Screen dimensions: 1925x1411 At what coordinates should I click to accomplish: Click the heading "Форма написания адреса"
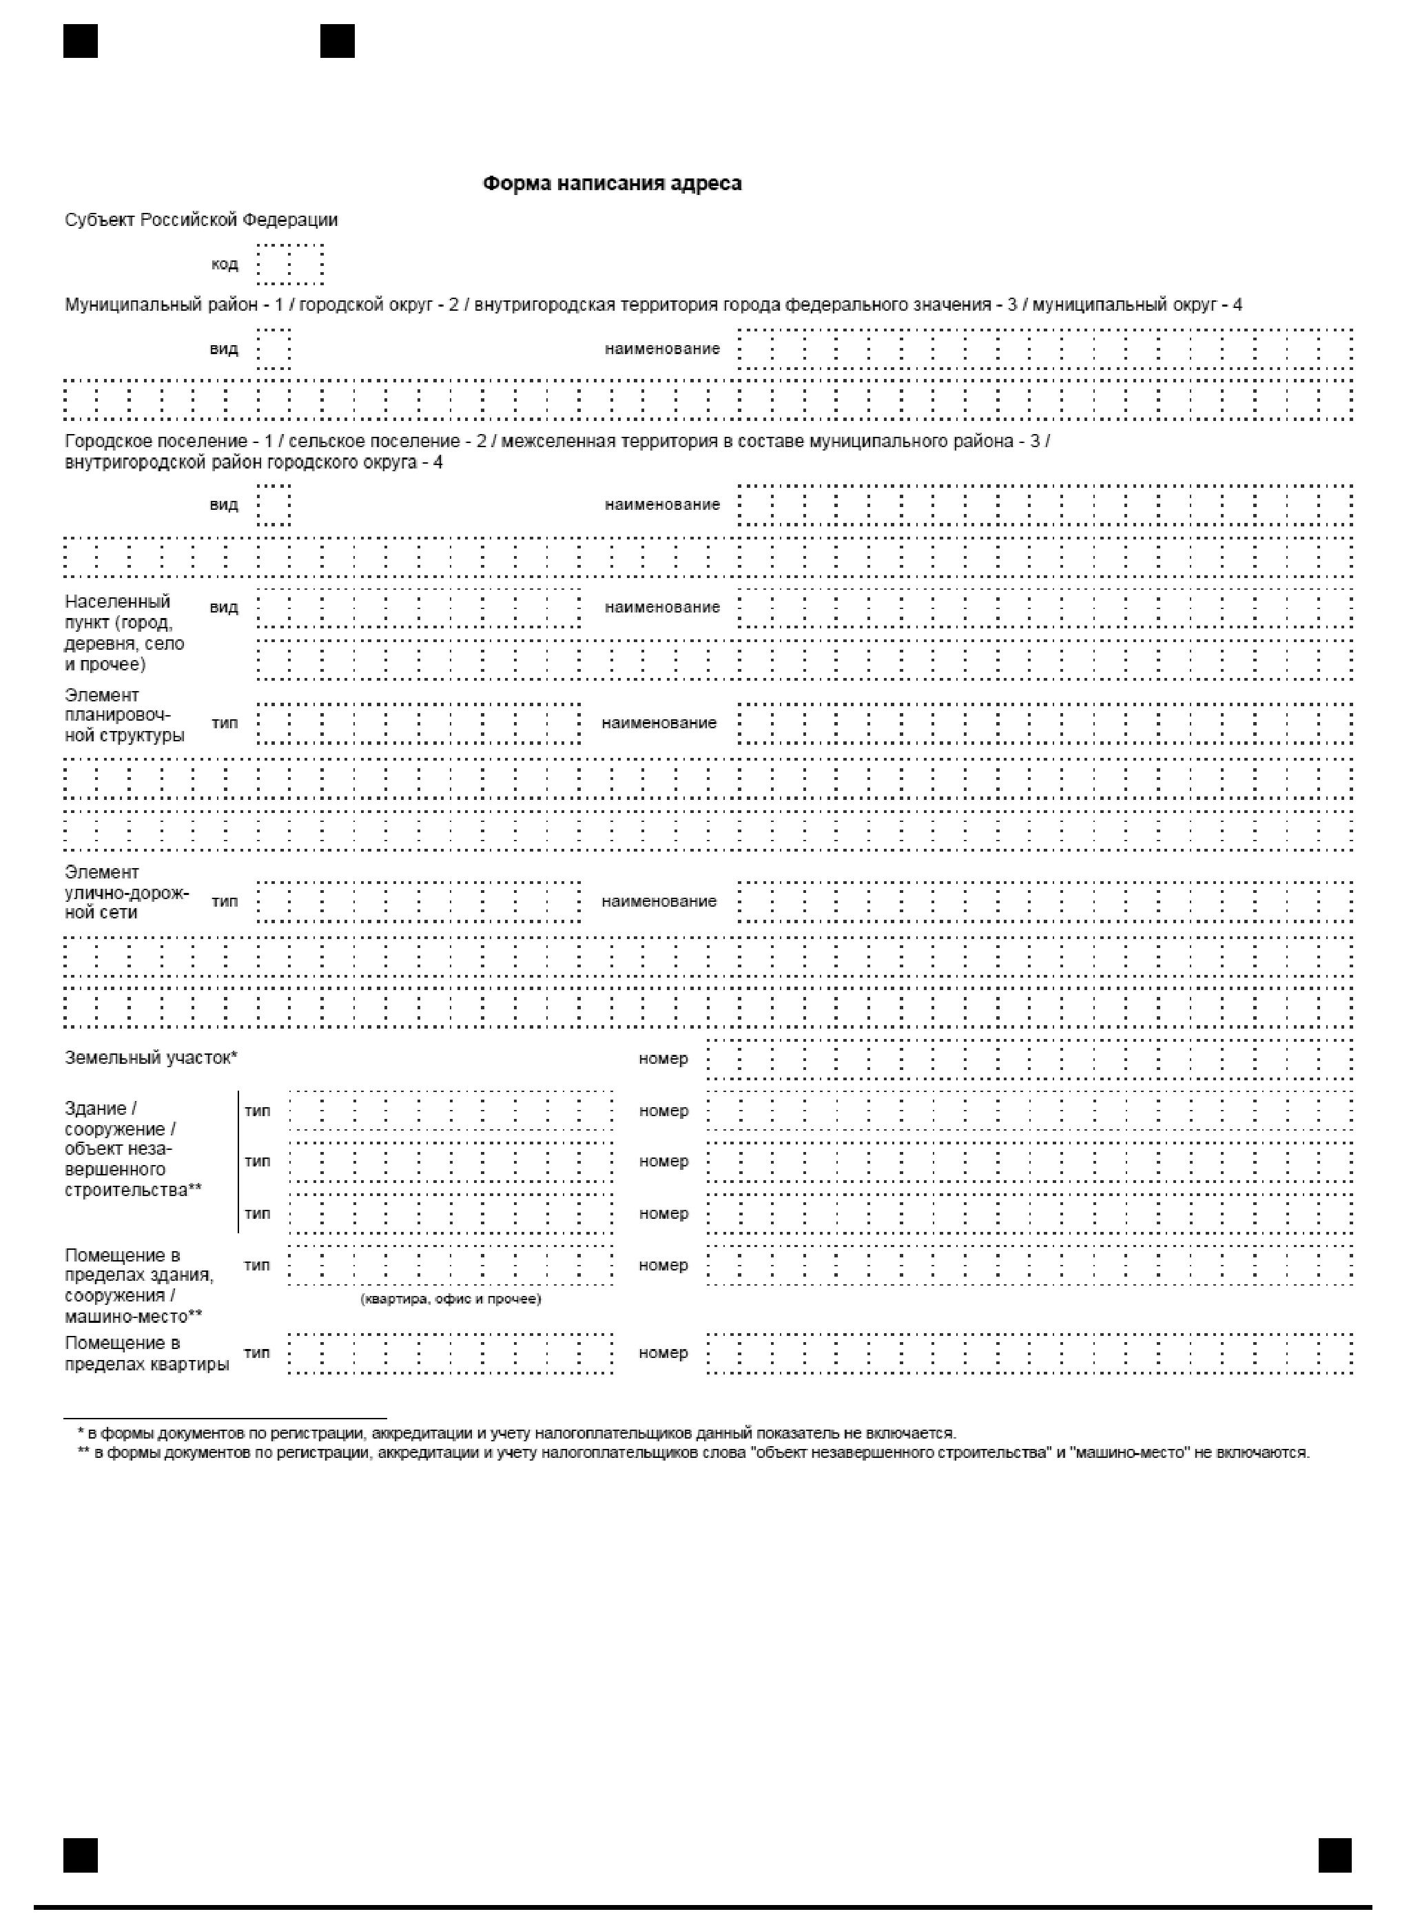tap(612, 184)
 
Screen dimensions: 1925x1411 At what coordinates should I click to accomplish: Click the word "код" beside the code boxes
tap(225, 264)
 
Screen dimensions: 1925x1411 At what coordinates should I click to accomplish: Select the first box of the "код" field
tap(274, 264)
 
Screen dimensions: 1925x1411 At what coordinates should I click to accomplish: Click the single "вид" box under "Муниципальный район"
tap(274, 349)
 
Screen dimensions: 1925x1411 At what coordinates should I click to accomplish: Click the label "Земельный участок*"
tap(151, 1058)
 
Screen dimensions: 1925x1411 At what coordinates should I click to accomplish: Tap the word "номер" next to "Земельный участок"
tap(663, 1059)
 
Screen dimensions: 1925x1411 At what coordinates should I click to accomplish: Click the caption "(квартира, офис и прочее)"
tap(451, 1299)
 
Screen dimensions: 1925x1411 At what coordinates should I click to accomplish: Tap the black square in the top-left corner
tap(81, 41)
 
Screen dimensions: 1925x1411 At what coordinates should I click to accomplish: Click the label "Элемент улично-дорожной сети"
tap(126, 892)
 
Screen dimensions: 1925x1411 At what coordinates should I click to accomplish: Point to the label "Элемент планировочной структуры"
tap(124, 716)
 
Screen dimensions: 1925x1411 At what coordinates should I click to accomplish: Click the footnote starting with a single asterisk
tap(517, 1434)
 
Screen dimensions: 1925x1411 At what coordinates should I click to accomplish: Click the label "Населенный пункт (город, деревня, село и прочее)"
tap(124, 633)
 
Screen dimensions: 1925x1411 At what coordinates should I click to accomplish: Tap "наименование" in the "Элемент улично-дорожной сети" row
tap(659, 902)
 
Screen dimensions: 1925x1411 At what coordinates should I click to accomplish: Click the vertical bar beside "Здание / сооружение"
tap(238, 1162)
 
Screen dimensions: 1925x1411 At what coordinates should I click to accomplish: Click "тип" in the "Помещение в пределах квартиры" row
tap(256, 1352)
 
